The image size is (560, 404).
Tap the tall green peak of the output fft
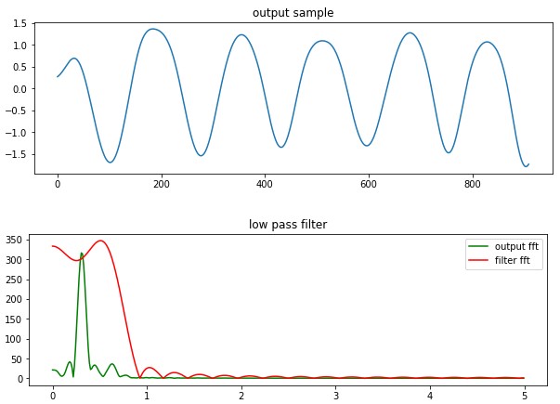pyautogui.click(x=82, y=253)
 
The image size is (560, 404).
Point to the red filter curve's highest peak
pyautogui.click(x=101, y=241)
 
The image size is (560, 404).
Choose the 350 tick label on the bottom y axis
pyautogui.click(x=20, y=240)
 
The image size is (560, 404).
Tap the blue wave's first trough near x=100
pyautogui.click(x=110, y=163)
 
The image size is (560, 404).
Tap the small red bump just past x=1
pyautogui.click(x=149, y=368)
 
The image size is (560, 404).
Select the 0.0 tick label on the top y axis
pyautogui.click(x=21, y=89)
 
